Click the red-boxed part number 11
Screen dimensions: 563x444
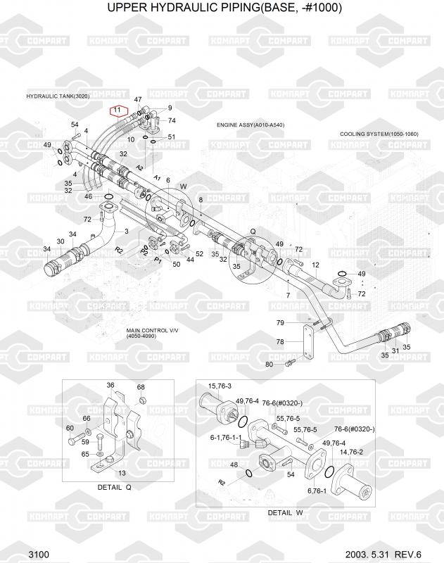(x=117, y=110)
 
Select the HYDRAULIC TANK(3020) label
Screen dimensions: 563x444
(x=58, y=96)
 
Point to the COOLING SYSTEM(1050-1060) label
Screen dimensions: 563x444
(x=379, y=134)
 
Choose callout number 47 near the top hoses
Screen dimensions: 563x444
(x=138, y=100)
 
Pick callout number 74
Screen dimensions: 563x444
(x=172, y=121)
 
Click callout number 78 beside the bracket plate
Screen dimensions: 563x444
(x=279, y=342)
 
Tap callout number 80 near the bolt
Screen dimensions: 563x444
(x=269, y=364)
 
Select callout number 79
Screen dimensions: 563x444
(x=279, y=323)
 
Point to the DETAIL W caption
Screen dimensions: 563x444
(x=284, y=512)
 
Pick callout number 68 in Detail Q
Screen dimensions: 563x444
(x=141, y=388)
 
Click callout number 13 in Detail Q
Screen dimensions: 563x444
(x=122, y=473)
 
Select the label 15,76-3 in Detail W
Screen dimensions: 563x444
(x=220, y=385)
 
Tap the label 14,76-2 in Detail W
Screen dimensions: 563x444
(x=352, y=453)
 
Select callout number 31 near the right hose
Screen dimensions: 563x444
(x=395, y=350)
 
